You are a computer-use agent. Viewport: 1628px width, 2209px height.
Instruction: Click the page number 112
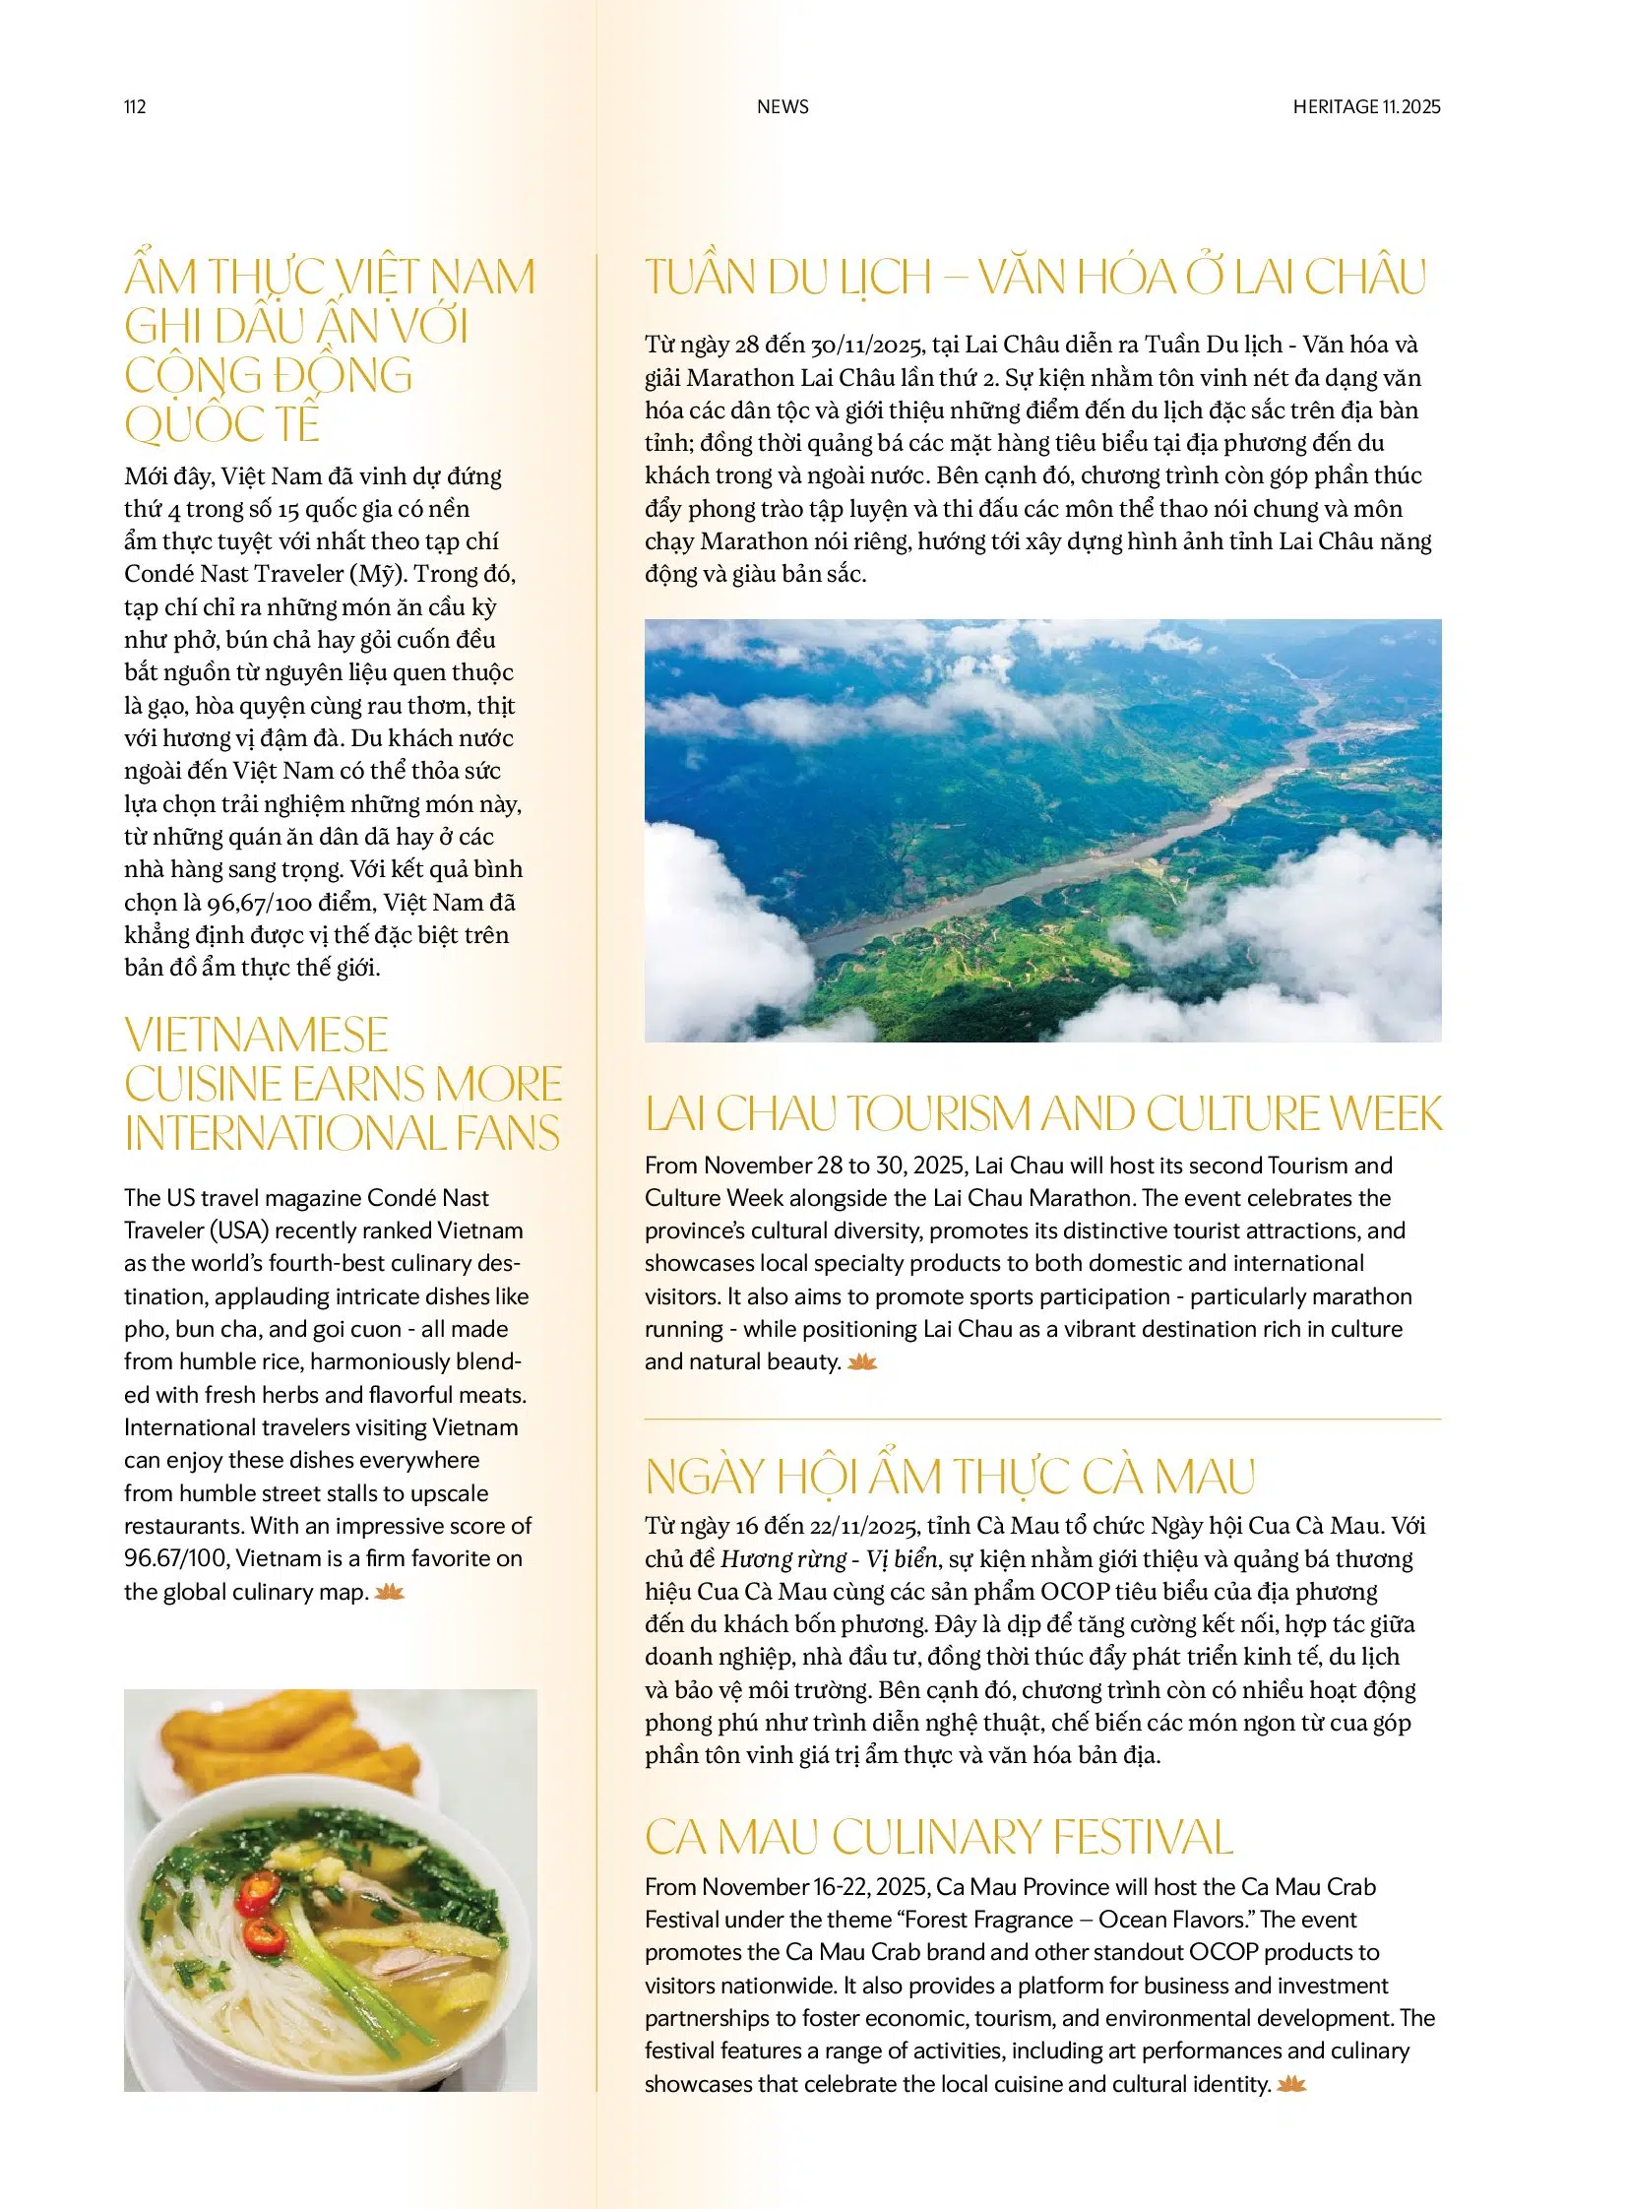[135, 106]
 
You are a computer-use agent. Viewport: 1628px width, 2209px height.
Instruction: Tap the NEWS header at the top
[783, 106]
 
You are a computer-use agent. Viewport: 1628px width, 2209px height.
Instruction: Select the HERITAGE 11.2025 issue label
[1366, 106]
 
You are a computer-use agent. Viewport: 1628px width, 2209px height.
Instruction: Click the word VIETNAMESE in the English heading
[256, 1035]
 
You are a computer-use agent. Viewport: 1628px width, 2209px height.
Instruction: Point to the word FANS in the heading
[508, 1133]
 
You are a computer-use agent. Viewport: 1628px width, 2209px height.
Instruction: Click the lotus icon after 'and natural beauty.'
[862, 1362]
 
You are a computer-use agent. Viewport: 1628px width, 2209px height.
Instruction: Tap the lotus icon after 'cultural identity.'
[1291, 2084]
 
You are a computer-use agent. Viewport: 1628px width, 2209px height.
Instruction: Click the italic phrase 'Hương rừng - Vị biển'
[830, 1558]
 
